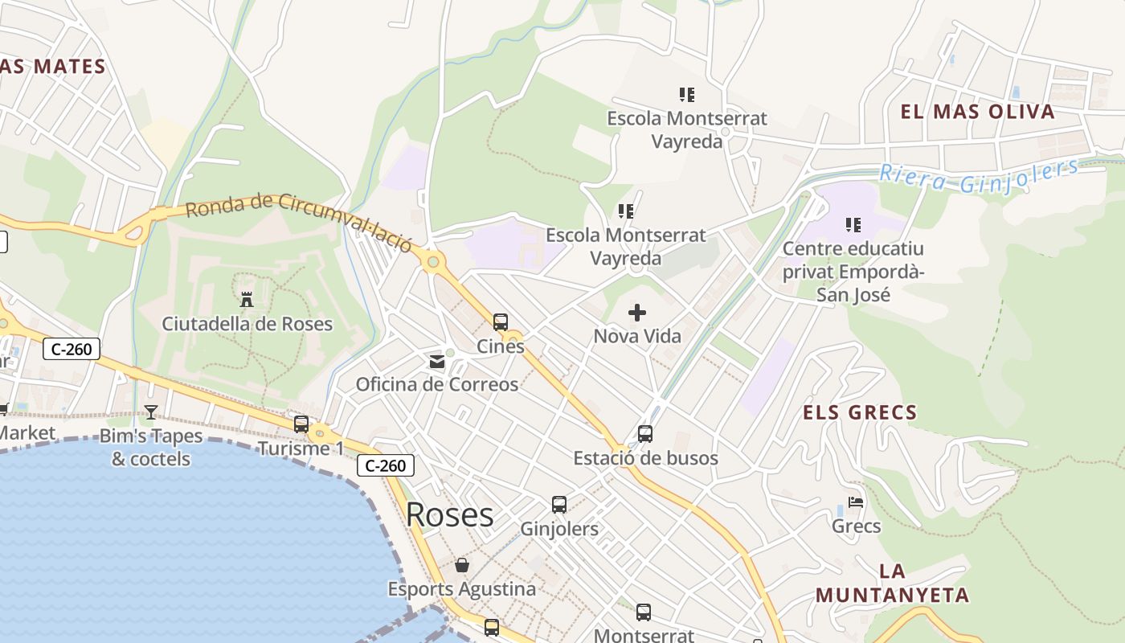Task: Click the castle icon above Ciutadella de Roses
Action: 247,300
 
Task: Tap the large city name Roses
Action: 449,514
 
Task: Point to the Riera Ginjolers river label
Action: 979,175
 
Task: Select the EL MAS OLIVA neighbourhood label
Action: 977,112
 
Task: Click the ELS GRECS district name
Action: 860,413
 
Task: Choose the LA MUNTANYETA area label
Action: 892,584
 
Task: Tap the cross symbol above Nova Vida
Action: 637,312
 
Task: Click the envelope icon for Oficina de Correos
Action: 437,361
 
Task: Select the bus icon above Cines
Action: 501,322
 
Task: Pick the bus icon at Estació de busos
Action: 645,434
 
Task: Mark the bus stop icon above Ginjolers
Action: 559,505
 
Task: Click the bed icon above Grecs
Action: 856,502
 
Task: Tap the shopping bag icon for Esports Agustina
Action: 462,565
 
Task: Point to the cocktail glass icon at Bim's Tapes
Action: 151,412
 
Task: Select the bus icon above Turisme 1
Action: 301,424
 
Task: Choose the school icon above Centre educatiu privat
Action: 853,225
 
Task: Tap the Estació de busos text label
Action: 645,458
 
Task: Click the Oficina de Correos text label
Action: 437,384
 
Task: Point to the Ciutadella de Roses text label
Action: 247,324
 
